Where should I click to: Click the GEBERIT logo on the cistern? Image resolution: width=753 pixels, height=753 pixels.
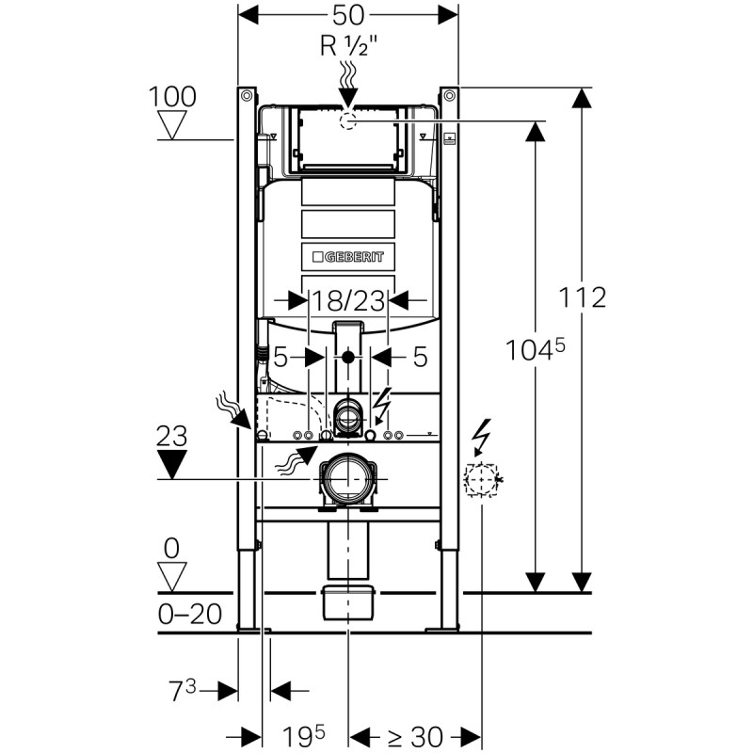(x=348, y=256)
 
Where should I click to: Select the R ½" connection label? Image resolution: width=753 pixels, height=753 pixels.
(x=348, y=43)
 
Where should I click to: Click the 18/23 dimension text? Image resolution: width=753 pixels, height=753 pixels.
(x=348, y=300)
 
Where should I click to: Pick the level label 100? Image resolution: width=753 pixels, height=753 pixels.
(x=171, y=96)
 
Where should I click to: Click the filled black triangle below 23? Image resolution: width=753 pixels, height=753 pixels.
(x=171, y=464)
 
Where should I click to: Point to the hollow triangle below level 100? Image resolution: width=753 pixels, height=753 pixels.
(x=171, y=123)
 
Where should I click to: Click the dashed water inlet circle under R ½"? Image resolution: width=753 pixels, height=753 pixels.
(x=348, y=120)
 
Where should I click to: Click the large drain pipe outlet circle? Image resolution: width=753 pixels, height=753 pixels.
(x=348, y=479)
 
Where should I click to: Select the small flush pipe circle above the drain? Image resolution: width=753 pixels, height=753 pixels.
(x=348, y=413)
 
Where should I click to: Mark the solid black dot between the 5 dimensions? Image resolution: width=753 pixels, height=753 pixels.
(x=348, y=357)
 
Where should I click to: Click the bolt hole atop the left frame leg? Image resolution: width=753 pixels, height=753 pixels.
(x=247, y=96)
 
